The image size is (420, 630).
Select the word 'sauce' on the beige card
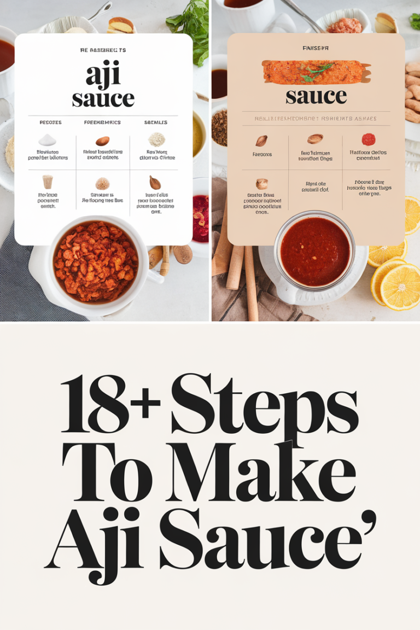316,96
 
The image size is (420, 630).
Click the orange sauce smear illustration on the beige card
316,72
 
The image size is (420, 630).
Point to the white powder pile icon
48,141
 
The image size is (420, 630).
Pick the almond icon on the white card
102,141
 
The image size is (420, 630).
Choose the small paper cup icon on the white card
48,182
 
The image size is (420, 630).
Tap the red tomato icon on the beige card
369,139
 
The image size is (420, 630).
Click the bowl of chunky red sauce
96,261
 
